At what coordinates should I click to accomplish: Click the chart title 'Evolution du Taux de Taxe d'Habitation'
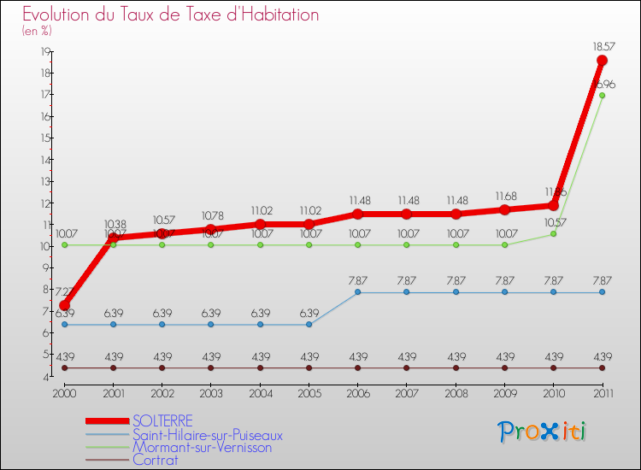(171, 15)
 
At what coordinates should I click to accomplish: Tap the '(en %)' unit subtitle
(37, 31)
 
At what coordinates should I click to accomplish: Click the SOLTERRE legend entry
(162, 420)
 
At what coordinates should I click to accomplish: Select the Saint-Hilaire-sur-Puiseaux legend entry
(208, 434)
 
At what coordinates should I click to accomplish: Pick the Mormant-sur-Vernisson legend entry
(202, 447)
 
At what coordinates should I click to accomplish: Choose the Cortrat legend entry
(156, 460)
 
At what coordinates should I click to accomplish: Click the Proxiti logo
(543, 432)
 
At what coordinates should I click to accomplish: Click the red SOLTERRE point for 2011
(602, 61)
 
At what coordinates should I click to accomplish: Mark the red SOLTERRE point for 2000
(64, 305)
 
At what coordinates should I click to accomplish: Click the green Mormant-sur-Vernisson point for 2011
(602, 96)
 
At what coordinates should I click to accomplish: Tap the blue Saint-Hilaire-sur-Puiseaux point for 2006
(357, 292)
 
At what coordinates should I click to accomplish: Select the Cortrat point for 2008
(456, 367)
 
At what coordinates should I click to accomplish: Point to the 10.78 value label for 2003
(211, 215)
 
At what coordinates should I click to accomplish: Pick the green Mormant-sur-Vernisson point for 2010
(553, 233)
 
